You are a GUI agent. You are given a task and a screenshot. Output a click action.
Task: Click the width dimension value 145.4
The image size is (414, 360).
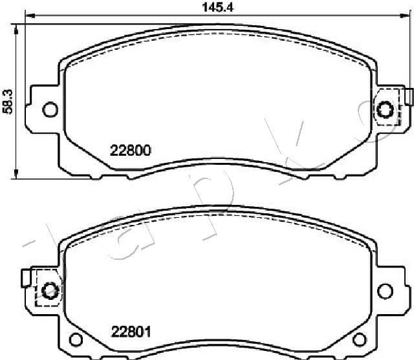214,8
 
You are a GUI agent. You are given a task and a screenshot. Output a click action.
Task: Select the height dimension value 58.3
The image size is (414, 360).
8,101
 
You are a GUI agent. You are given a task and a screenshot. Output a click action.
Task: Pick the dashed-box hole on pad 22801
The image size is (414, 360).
48,288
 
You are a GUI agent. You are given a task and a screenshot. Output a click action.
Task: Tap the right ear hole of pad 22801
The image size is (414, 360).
386,288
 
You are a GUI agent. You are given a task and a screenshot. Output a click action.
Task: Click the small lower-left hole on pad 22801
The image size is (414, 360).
76,340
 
